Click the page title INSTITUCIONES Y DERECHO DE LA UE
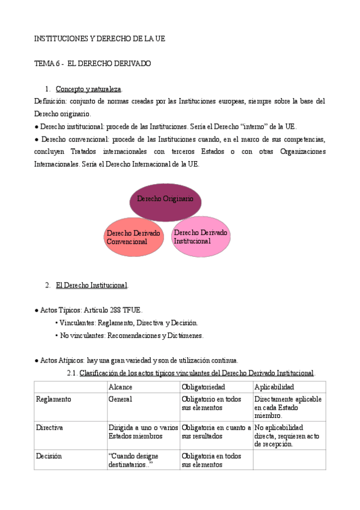point(99,38)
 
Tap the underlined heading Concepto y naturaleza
point(88,89)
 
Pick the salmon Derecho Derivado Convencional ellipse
point(133,237)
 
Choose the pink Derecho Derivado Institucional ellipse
point(201,236)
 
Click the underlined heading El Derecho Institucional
point(91,284)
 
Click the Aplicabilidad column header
point(274,387)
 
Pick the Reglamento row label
point(53,399)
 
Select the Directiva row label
point(50,427)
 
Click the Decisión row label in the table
point(49,456)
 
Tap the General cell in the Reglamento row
point(120,399)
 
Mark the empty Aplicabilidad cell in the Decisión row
point(289,460)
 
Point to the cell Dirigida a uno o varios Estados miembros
point(143,431)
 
